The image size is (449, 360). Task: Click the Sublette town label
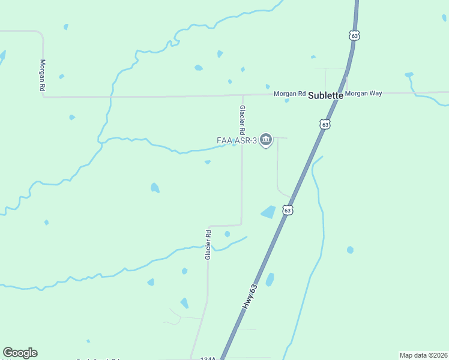326,95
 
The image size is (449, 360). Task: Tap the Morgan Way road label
364,94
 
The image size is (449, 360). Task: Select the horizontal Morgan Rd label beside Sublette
290,94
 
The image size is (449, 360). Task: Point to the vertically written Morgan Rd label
43,74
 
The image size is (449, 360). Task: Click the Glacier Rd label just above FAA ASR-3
243,120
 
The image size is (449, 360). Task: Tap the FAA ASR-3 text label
237,140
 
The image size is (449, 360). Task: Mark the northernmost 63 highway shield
355,36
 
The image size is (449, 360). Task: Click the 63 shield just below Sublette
325,124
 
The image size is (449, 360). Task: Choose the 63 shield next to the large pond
288,210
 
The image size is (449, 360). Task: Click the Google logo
20,353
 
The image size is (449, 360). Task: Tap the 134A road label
208,358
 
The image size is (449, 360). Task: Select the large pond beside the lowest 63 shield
268,212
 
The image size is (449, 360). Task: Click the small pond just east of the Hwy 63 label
270,280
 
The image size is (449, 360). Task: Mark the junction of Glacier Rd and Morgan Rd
243,95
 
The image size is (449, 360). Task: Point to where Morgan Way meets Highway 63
338,94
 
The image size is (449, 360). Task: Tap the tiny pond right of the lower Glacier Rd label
227,234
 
